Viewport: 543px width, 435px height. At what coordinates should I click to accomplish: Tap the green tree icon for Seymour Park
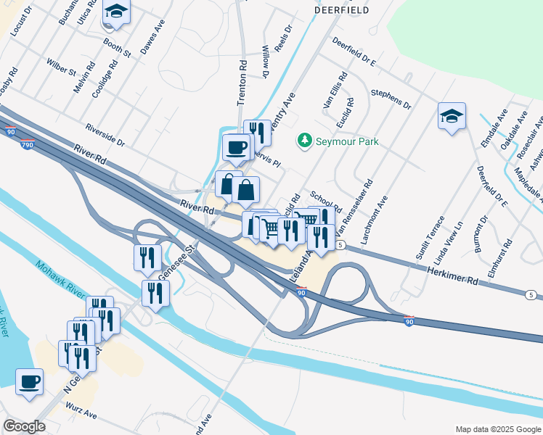tap(306, 141)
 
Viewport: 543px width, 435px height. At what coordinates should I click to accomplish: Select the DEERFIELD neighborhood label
tap(341, 11)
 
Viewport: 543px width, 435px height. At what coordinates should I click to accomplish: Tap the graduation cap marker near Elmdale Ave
tap(452, 116)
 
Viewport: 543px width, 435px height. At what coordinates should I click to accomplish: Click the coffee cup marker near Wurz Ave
tap(29, 381)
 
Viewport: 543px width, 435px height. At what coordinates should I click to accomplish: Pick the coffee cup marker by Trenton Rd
tap(236, 148)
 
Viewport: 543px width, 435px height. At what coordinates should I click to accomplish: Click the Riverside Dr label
tap(105, 133)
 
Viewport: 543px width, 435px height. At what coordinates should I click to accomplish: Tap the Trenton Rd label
tap(242, 83)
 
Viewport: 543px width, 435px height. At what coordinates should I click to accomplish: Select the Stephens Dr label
tap(391, 99)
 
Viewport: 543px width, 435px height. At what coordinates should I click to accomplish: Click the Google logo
tap(24, 426)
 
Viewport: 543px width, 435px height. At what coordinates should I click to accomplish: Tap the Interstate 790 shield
tap(27, 145)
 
